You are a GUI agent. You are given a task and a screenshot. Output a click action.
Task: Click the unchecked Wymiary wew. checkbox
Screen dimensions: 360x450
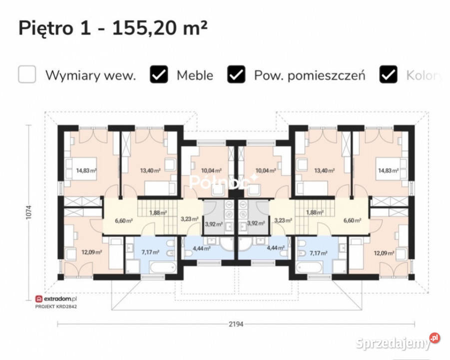pyautogui.click(x=27, y=74)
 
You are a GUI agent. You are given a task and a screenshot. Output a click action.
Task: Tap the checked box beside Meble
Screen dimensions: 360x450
pyautogui.click(x=159, y=74)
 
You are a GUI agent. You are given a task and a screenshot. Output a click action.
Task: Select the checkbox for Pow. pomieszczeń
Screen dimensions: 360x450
pyautogui.click(x=236, y=74)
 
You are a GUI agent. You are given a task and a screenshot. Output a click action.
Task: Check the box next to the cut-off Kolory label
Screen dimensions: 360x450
pyautogui.click(x=389, y=74)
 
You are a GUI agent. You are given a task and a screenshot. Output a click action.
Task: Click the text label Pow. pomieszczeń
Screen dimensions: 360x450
pyautogui.click(x=310, y=75)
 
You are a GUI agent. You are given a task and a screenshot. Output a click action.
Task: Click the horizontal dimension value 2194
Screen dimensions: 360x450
pyautogui.click(x=236, y=324)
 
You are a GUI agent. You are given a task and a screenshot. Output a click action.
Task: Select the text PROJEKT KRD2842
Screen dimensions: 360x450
pyautogui.click(x=56, y=305)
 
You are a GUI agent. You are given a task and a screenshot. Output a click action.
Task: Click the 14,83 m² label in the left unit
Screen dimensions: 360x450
pyautogui.click(x=86, y=170)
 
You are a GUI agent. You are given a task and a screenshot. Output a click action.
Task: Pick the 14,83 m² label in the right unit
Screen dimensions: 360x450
pyautogui.click(x=388, y=170)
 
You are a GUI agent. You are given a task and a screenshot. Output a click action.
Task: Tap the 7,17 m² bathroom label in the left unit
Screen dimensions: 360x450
pyautogui.click(x=150, y=253)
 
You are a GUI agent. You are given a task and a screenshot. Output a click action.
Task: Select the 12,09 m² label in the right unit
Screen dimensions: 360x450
pyautogui.click(x=384, y=253)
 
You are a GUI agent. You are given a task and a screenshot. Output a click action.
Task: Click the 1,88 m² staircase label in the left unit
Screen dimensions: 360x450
pyautogui.click(x=158, y=212)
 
